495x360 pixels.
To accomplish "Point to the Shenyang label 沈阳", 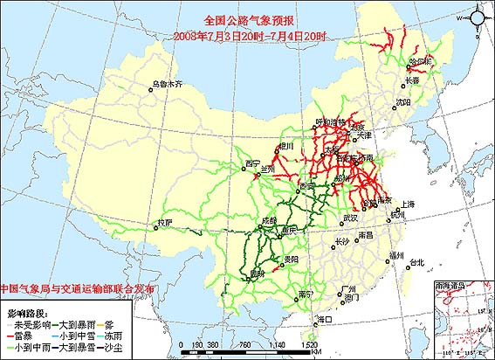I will click(402, 102).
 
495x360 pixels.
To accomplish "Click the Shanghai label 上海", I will click(409, 204).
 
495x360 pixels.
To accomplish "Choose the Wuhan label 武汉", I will click(351, 217).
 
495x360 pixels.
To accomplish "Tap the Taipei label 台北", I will click(415, 261).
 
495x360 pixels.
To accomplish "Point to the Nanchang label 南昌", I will click(365, 235).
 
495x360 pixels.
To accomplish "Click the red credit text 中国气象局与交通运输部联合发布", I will click(79, 287).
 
